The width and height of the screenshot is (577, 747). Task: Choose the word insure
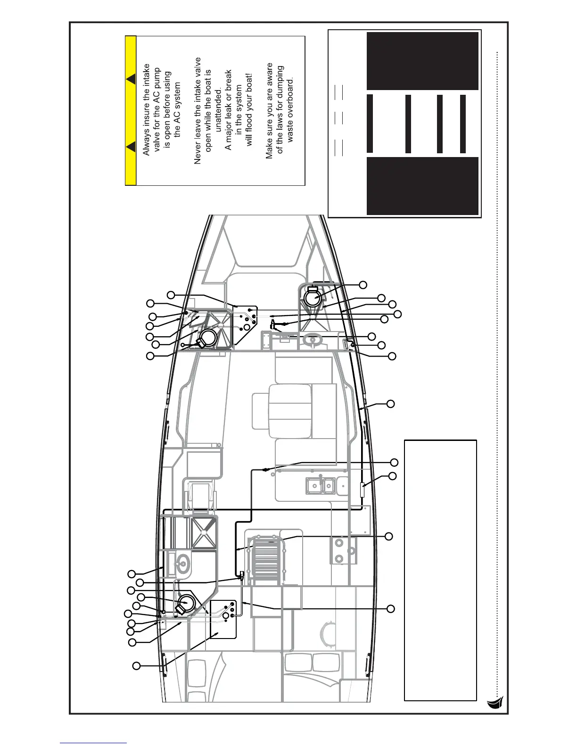click(146, 116)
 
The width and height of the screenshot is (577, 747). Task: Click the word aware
click(270, 77)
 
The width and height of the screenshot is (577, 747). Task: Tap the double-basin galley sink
click(320, 486)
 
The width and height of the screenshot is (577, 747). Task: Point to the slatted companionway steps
click(267, 556)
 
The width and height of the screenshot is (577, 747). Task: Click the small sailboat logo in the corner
click(495, 703)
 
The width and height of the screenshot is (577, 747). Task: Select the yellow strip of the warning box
click(131, 110)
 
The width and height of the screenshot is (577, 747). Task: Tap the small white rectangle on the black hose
click(362, 490)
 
